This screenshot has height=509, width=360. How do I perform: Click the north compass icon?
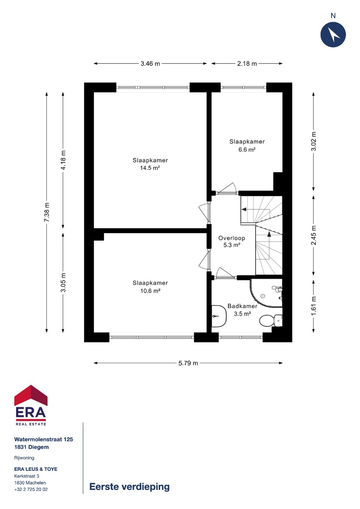(333, 34)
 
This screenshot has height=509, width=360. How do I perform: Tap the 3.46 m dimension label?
(150, 64)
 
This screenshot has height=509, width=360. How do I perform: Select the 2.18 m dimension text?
(247, 64)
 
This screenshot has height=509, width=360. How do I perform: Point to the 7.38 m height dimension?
(47, 212)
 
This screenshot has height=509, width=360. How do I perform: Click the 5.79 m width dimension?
(188, 363)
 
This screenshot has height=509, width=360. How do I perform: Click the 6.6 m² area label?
(247, 149)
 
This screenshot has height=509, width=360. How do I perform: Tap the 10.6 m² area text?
(150, 291)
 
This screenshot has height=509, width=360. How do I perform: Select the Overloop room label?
(231, 238)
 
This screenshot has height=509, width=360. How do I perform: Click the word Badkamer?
(242, 306)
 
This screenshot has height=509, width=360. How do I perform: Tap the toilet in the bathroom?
(271, 320)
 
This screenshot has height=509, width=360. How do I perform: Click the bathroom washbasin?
(219, 316)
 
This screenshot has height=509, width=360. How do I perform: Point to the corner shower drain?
(263, 296)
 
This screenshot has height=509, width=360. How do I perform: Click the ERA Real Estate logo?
(31, 405)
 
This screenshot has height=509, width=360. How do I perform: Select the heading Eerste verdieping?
(129, 487)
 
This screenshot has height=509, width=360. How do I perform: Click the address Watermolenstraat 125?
(44, 439)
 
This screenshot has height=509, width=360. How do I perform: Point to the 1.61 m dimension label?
(314, 306)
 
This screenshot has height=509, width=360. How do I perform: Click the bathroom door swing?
(225, 273)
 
